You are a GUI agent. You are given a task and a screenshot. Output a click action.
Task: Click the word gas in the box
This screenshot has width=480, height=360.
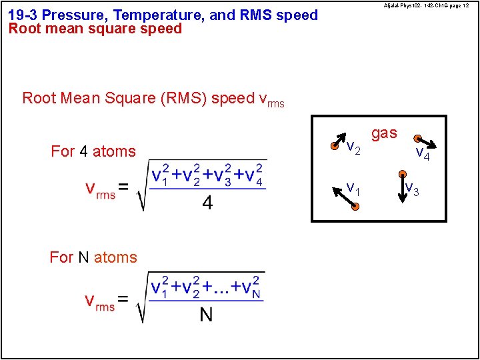[384, 133]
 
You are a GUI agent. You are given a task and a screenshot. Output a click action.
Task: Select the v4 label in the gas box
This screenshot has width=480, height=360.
[423, 153]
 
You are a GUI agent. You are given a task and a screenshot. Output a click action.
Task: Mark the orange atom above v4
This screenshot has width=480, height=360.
[416, 139]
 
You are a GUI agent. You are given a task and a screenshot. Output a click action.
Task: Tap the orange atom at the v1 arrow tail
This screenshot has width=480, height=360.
[356, 208]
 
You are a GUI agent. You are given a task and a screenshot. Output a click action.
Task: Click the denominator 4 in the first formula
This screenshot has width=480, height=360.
[207, 203]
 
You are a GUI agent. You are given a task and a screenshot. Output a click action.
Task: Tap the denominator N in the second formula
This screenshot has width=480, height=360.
[206, 314]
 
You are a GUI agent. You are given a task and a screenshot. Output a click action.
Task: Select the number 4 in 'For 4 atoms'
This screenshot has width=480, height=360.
[83, 152]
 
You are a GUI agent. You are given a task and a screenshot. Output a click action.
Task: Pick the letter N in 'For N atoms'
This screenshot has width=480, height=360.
[84, 257]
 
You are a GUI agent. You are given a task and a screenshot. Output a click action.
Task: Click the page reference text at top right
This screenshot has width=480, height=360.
[426, 5]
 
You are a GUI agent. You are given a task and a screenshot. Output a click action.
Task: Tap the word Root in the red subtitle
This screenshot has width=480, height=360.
[23, 29]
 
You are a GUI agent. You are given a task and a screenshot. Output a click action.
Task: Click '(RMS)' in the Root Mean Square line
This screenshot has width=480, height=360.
[183, 99]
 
